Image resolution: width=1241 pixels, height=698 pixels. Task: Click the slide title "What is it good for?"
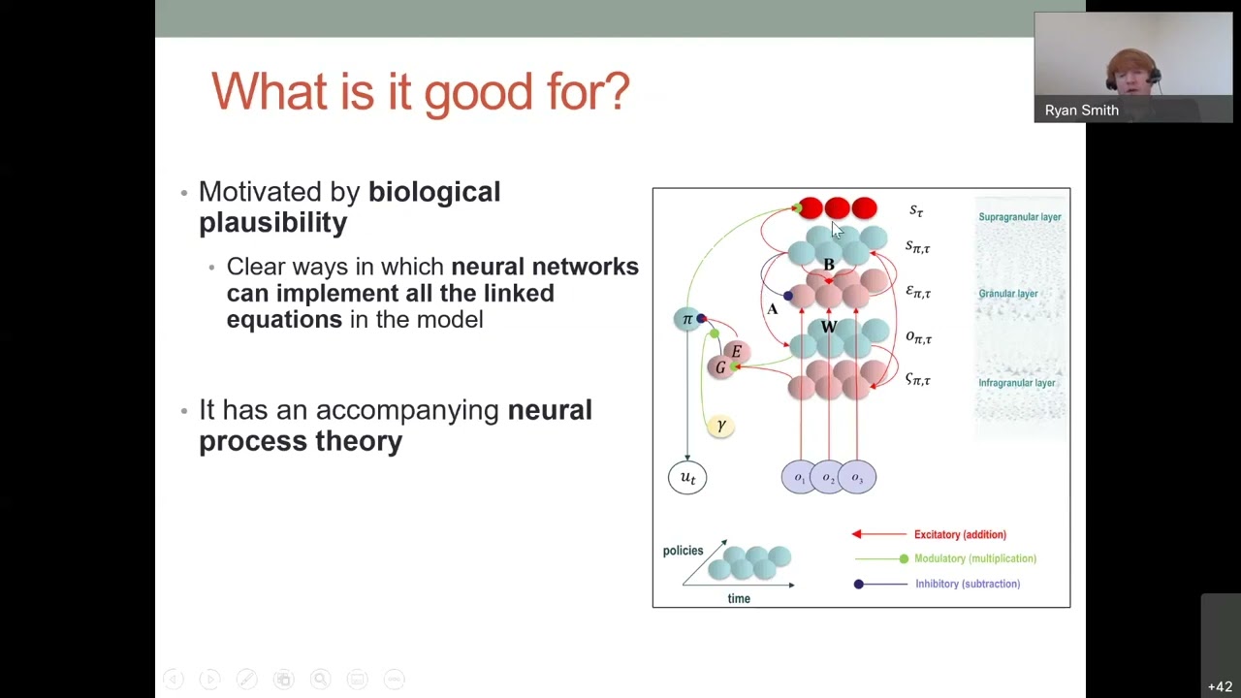(x=420, y=92)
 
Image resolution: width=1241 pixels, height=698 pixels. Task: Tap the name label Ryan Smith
(x=1081, y=111)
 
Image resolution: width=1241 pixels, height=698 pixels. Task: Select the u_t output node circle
(x=687, y=477)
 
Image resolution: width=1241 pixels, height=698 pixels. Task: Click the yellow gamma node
(x=720, y=426)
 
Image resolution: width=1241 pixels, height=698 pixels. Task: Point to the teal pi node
(x=687, y=319)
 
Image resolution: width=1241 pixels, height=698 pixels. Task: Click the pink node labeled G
(x=719, y=367)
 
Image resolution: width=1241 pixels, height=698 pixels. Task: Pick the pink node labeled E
(x=737, y=351)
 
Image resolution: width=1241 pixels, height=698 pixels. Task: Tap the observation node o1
(x=800, y=477)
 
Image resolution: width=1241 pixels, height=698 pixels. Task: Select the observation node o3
(x=857, y=477)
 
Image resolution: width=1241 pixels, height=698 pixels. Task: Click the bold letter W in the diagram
(x=828, y=328)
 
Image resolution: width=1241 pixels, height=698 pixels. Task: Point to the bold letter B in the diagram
(x=829, y=265)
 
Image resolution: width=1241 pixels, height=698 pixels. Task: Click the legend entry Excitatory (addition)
(x=959, y=534)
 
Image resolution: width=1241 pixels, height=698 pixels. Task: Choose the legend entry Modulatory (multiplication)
(x=974, y=558)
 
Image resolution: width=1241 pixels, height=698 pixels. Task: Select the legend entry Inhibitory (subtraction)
(x=967, y=584)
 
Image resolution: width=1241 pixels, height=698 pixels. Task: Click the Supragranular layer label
(x=1019, y=217)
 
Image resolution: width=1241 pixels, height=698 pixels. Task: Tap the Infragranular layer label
(x=1016, y=383)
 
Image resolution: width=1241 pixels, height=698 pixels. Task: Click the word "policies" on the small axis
(x=683, y=551)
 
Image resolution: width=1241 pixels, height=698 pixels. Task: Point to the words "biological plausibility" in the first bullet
(x=349, y=207)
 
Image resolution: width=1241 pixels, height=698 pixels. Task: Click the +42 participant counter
(x=1220, y=686)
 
